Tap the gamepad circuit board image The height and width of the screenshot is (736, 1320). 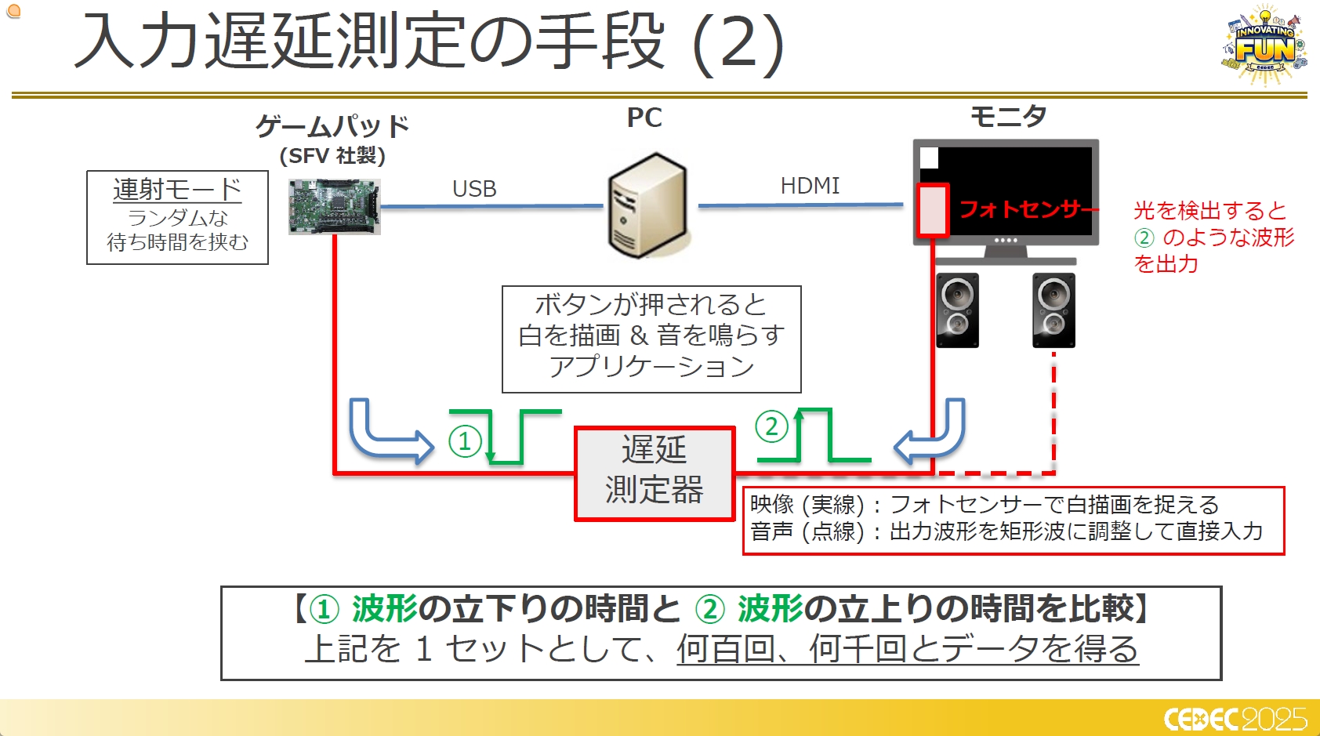pos(334,207)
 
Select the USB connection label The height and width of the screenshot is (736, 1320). pos(474,189)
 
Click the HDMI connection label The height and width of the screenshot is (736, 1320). pos(810,186)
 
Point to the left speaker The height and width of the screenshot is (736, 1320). pos(957,310)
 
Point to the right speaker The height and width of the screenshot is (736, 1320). pos(1053,310)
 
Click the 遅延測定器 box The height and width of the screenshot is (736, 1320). pos(655,473)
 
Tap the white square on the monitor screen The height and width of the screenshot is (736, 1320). pos(929,158)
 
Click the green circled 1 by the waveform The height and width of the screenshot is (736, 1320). pos(465,441)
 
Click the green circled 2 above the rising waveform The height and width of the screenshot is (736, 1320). pos(771,426)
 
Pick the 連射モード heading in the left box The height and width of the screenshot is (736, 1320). pos(177,190)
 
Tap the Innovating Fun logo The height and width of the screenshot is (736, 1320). pos(1265,45)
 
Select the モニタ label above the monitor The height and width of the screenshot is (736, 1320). pos(1008,117)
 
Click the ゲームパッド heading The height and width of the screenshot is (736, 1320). pos(332,125)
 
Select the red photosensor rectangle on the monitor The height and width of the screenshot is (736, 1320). pos(933,210)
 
